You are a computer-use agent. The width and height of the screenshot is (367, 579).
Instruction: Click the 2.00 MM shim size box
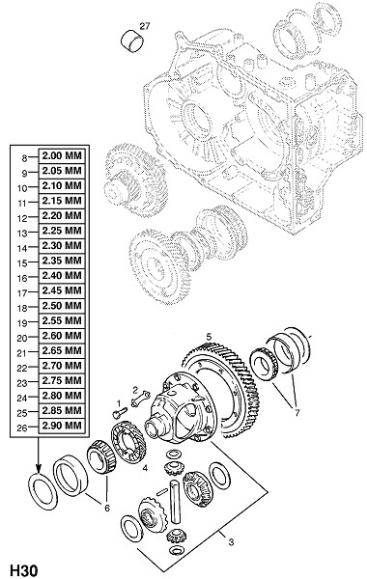(x=62, y=155)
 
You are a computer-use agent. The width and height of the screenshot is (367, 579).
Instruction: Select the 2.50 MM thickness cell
(x=62, y=306)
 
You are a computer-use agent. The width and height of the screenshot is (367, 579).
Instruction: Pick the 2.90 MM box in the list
(x=62, y=426)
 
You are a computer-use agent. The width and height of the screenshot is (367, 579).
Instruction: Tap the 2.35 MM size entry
(x=62, y=262)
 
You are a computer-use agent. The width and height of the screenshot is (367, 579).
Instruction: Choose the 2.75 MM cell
(x=62, y=381)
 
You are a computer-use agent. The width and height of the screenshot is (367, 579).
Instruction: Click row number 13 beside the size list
(x=22, y=234)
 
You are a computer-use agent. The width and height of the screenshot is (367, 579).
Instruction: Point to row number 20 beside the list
(x=22, y=339)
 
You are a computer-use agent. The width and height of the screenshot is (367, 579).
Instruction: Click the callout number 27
(x=145, y=26)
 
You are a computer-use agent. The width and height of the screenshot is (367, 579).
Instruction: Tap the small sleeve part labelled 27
(x=132, y=41)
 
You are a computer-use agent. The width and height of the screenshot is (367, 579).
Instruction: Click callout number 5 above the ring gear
(x=209, y=337)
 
